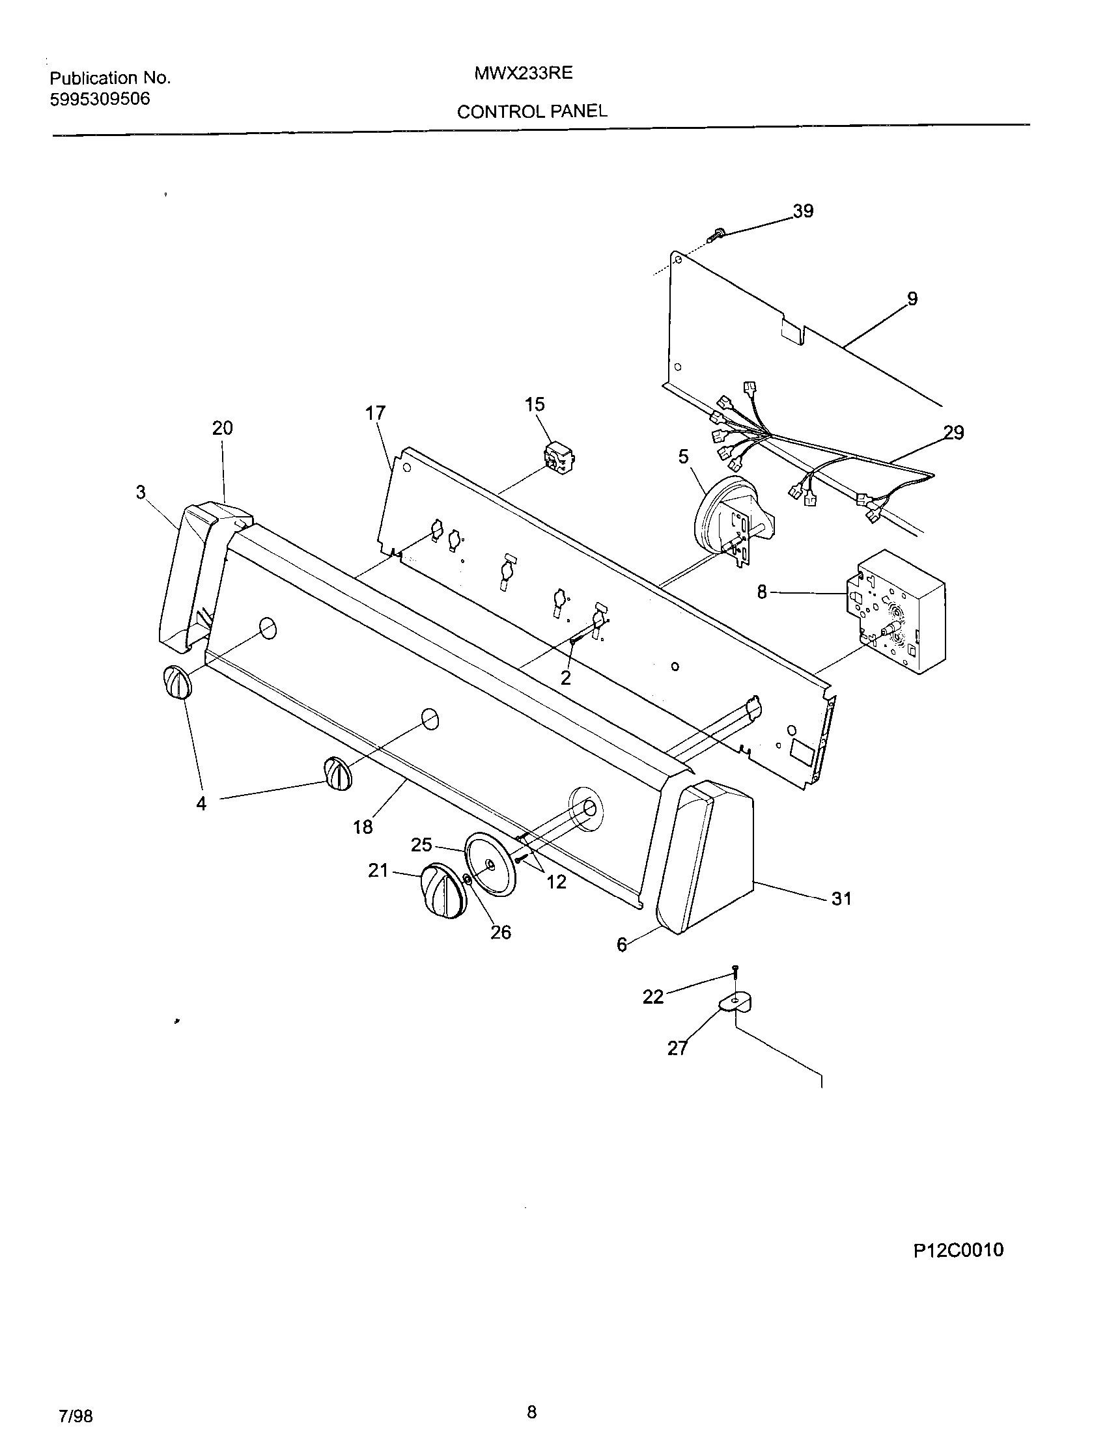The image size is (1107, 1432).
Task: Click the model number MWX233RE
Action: [x=524, y=74]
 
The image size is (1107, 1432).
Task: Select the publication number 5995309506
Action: [x=100, y=99]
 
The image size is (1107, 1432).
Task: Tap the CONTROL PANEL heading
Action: [x=532, y=112]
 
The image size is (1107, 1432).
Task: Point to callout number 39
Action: [x=803, y=211]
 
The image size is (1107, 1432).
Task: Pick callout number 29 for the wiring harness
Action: [x=953, y=433]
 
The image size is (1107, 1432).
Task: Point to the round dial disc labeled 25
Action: [x=490, y=864]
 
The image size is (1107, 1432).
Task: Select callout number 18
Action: [x=363, y=827]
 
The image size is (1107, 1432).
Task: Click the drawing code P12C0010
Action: [x=958, y=1250]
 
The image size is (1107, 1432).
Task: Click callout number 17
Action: [x=376, y=413]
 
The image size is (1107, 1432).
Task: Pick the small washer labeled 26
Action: [x=466, y=879]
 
